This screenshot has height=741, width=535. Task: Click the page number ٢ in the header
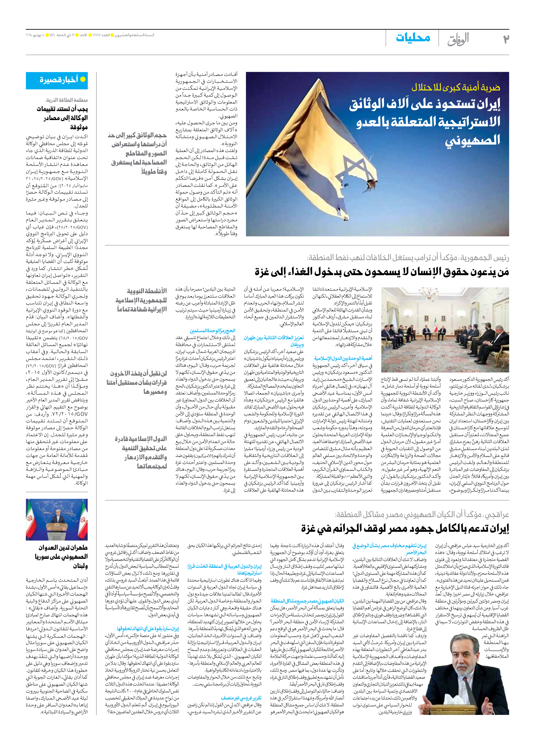505,38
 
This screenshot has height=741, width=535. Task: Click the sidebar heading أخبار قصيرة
59,79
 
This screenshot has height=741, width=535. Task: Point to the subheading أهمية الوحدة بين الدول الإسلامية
343,358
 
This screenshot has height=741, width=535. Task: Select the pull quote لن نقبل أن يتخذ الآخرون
137,382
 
